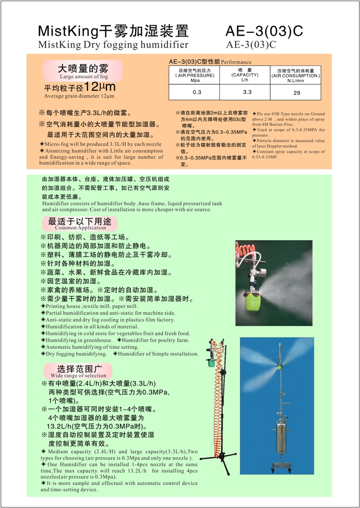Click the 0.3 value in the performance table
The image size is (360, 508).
click(x=197, y=92)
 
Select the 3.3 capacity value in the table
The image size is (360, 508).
click(x=247, y=92)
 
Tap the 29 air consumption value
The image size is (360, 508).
click(x=296, y=93)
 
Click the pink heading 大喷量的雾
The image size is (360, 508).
click(x=83, y=68)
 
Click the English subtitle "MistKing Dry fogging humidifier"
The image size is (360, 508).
click(x=113, y=45)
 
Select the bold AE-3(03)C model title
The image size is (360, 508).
click(x=264, y=31)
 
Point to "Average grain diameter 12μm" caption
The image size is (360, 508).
click(x=79, y=96)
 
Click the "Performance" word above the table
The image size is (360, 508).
click(x=236, y=62)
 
